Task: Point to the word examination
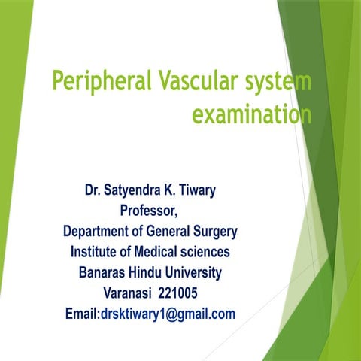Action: coord(252,114)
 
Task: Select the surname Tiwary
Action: coord(194,191)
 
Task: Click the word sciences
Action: coord(207,252)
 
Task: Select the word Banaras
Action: coord(105,272)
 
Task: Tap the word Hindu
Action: coord(156,272)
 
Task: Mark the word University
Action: coord(202,272)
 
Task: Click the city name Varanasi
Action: coord(129,293)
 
